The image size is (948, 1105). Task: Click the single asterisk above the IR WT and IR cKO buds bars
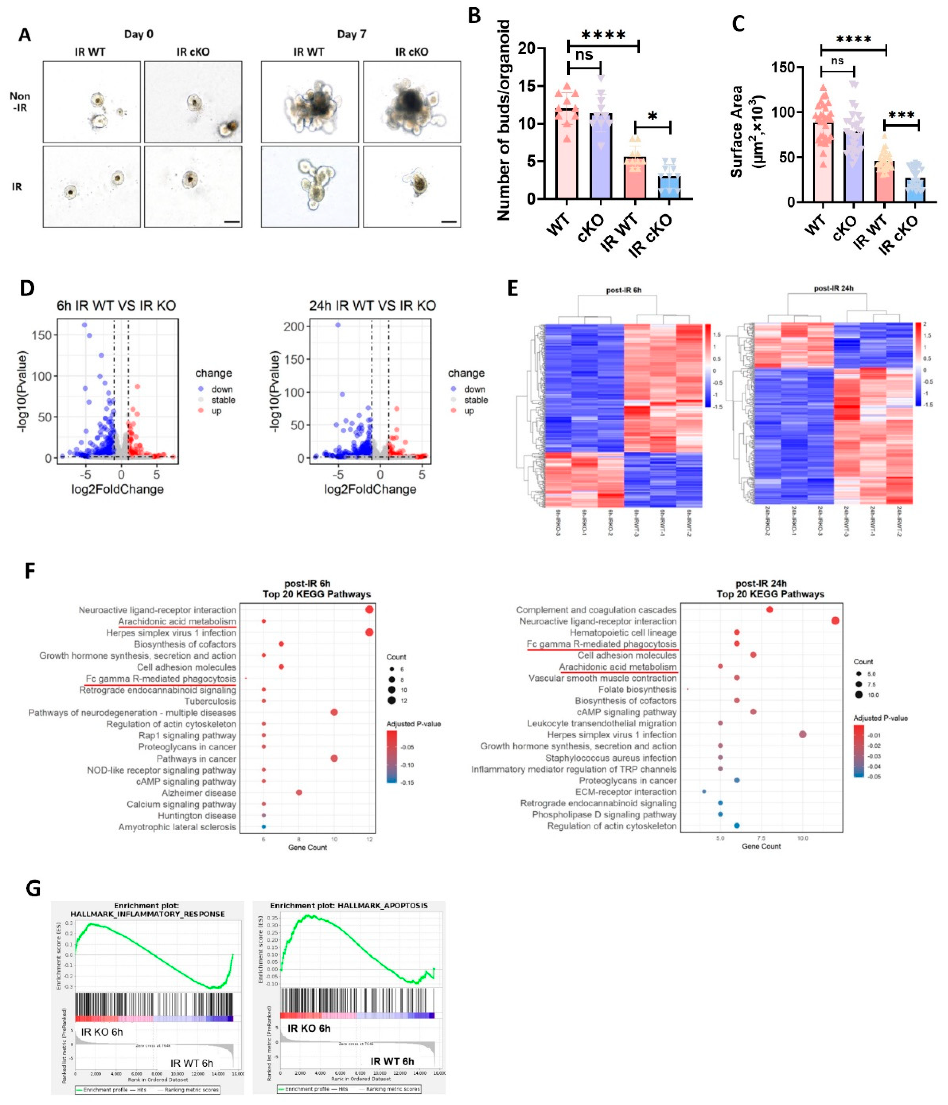(x=652, y=117)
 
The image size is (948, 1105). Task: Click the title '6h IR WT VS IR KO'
(x=116, y=306)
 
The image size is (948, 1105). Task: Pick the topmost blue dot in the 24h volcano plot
(x=337, y=325)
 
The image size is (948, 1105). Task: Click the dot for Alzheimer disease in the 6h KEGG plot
(x=299, y=793)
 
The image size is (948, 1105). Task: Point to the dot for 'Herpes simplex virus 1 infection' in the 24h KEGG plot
(x=802, y=734)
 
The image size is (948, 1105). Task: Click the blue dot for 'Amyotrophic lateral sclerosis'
(x=263, y=827)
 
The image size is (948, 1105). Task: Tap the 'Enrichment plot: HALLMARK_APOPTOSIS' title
(x=349, y=905)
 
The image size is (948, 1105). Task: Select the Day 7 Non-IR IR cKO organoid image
(x=412, y=101)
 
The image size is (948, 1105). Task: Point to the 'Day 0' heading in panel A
(x=139, y=34)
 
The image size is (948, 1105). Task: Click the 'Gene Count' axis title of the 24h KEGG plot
(x=761, y=846)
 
